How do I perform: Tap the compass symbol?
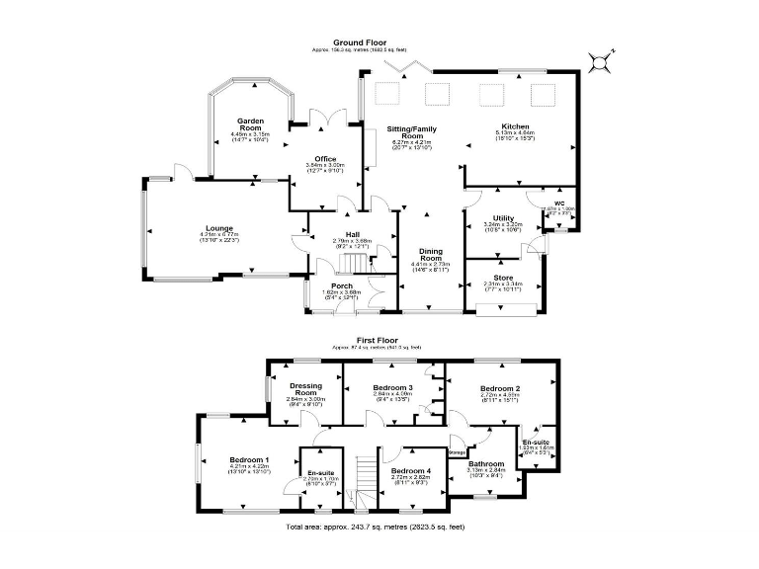598,64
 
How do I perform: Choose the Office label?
325,159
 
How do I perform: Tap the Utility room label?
502,218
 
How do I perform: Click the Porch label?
342,285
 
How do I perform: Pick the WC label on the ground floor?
558,203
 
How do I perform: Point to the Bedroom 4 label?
411,470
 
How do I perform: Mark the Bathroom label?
486,463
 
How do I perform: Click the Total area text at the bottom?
376,528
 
